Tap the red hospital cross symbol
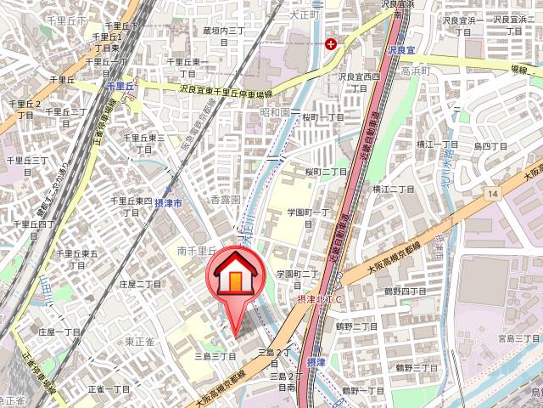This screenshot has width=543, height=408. pos(331,42)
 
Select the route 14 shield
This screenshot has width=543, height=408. pos(491,195)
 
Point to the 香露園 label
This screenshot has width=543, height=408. pos(225,200)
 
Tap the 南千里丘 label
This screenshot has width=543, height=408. pos(197,251)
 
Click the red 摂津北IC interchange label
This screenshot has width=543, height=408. pos(320,300)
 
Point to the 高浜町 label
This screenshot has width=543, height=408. pos(416,71)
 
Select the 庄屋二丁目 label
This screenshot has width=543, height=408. pos(140,284)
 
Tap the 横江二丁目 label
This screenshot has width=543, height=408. pos(391,189)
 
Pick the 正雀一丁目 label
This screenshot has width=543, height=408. pos(109,388)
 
